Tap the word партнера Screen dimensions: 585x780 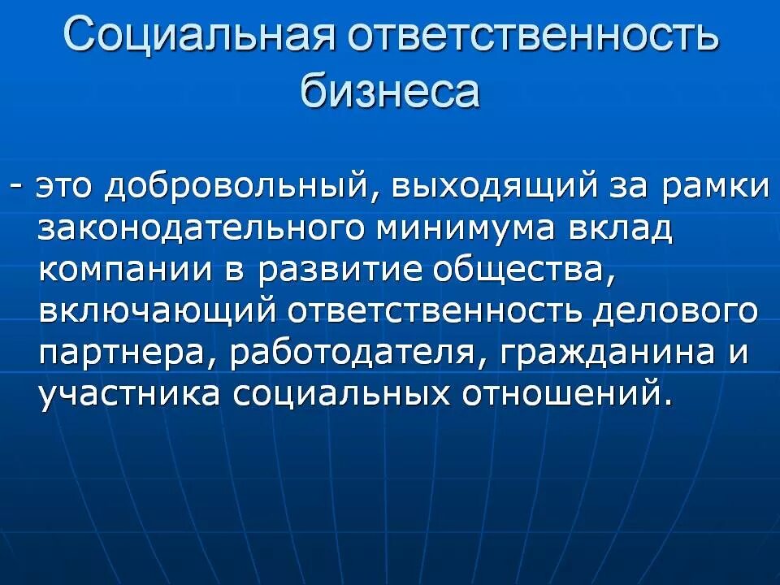[x=127, y=354]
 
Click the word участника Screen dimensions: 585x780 [x=129, y=395]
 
